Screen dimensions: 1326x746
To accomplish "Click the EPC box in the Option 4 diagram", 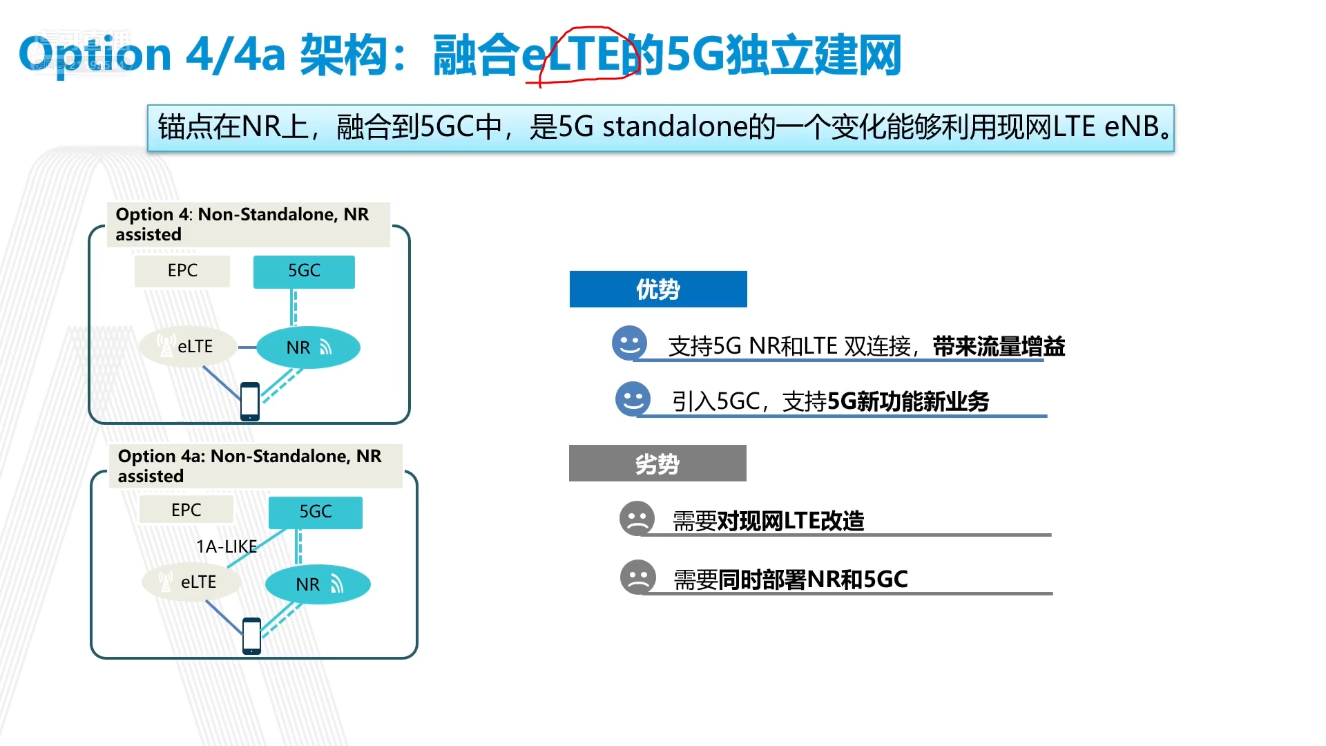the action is (182, 271).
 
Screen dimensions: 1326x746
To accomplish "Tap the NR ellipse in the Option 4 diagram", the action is (308, 347).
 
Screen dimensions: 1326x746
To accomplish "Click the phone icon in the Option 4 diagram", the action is (250, 401).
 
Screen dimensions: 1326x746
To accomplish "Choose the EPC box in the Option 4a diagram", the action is (186, 510).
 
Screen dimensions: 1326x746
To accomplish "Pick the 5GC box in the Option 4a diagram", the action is (316, 512).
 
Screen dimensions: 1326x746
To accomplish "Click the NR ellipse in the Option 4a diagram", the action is (318, 584).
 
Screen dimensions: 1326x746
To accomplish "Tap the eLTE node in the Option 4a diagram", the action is (191, 582).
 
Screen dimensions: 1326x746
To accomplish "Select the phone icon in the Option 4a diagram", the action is (252, 636).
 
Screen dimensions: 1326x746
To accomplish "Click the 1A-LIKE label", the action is (227, 546).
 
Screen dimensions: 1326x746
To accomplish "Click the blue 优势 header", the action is (658, 289).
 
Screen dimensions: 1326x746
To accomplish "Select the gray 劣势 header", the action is (657, 463).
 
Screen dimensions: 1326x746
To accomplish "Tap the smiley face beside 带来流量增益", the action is (630, 343).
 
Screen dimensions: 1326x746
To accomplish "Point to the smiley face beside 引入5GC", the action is (633, 399).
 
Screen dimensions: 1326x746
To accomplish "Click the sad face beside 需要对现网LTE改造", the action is (637, 518).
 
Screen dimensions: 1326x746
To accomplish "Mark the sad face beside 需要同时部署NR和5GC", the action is (638, 577).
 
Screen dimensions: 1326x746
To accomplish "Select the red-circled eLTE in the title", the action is (580, 55).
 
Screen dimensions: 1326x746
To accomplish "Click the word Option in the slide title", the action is (95, 55).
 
